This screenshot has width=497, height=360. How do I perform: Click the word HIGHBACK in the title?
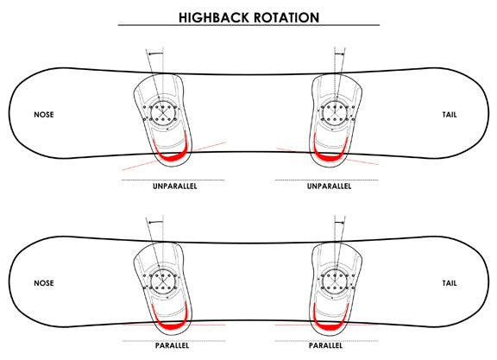pyautogui.click(x=213, y=17)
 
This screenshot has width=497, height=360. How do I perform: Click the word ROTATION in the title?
pyautogui.click(x=286, y=17)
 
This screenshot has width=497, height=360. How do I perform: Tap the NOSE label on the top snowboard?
pyautogui.click(x=44, y=115)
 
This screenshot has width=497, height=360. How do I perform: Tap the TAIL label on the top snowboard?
pyautogui.click(x=450, y=115)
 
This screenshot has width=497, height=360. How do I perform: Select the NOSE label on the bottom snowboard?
pyautogui.click(x=44, y=283)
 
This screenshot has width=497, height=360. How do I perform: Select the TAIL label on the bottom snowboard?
pyautogui.click(x=450, y=283)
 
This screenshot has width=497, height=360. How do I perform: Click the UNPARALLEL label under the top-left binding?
pyautogui.click(x=174, y=186)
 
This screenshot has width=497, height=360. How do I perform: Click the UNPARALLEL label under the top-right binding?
pyautogui.click(x=329, y=186)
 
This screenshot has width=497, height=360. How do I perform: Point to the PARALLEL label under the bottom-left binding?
pyautogui.click(x=172, y=345)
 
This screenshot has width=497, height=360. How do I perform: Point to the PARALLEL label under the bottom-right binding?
pyautogui.click(x=325, y=345)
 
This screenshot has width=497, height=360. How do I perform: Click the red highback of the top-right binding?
pyautogui.click(x=330, y=157)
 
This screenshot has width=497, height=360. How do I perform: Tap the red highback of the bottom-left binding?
pyautogui.click(x=172, y=325)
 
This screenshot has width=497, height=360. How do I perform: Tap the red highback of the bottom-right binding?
pyautogui.click(x=330, y=326)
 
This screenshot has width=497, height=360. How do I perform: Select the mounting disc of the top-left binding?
pyautogui.click(x=162, y=112)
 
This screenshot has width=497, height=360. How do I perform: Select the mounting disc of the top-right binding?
pyautogui.click(x=336, y=112)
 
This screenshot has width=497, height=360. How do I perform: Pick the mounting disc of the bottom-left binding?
pyautogui.click(x=162, y=281)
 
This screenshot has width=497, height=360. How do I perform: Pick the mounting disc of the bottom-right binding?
pyautogui.click(x=336, y=281)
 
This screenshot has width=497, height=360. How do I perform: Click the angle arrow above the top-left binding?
pyautogui.click(x=155, y=54)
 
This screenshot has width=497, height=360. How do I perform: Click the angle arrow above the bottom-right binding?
pyautogui.click(x=339, y=223)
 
